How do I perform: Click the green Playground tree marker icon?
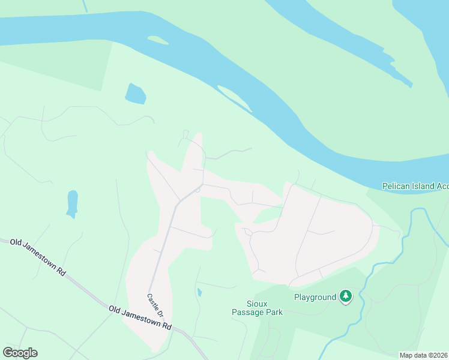tap(345, 296)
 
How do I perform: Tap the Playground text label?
tap(315, 297)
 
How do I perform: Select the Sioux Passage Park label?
tap(257, 308)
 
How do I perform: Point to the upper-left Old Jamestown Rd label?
tap(37, 257)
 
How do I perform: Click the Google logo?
tap(20, 353)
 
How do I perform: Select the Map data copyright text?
tap(424, 355)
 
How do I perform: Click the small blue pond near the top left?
tap(136, 94)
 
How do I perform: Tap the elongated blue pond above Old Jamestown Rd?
tap(72, 203)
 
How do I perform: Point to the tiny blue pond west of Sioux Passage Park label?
tap(199, 292)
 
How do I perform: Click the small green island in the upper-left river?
tap(157, 40)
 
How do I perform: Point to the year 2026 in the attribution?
tap(439, 355)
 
